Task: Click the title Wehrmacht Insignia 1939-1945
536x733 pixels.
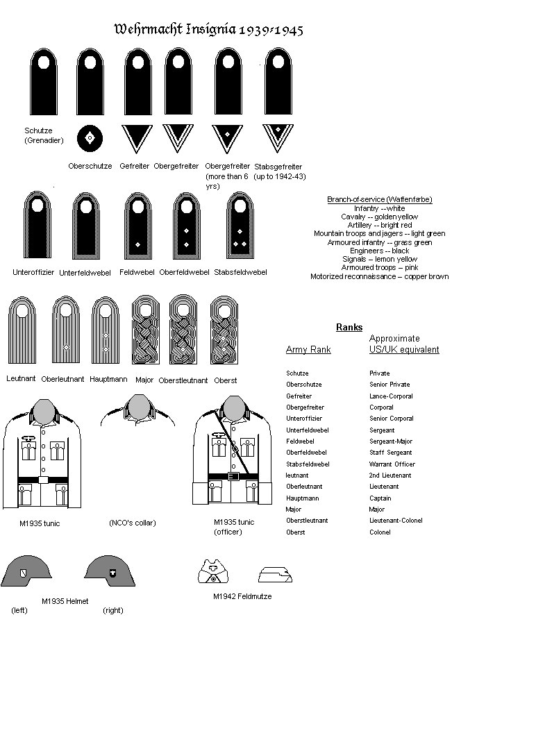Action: tap(208, 30)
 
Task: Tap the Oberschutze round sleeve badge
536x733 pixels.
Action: tap(90, 138)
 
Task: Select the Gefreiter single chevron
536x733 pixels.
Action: tap(136, 137)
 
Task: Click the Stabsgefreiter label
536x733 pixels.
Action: tap(278, 171)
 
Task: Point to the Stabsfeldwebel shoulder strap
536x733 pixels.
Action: tap(240, 225)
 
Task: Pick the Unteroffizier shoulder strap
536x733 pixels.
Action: tap(37, 225)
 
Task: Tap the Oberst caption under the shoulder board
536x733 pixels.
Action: tap(226, 380)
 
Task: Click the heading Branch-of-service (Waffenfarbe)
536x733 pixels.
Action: tap(380, 200)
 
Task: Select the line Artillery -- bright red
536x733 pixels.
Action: tap(380, 225)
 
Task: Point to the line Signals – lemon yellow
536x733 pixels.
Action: tap(380, 259)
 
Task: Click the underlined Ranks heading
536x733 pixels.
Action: tap(349, 328)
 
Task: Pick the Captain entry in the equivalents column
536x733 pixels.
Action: tap(380, 498)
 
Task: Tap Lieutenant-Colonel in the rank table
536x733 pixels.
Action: tap(396, 521)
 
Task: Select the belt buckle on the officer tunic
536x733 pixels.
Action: tap(233, 477)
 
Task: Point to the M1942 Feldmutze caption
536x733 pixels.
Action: tap(242, 597)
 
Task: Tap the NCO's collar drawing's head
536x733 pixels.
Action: tap(138, 408)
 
